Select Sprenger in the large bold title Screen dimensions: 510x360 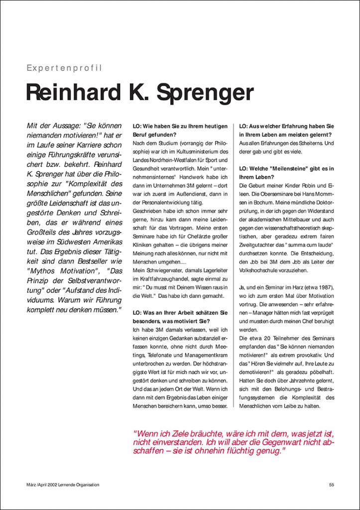205,94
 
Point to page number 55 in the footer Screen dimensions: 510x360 332,485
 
